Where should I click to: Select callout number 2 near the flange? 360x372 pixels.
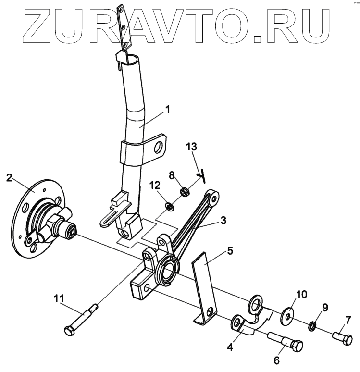(x=9, y=178)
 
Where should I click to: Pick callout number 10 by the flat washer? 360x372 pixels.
(x=300, y=293)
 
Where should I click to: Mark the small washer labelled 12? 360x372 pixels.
(x=169, y=207)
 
